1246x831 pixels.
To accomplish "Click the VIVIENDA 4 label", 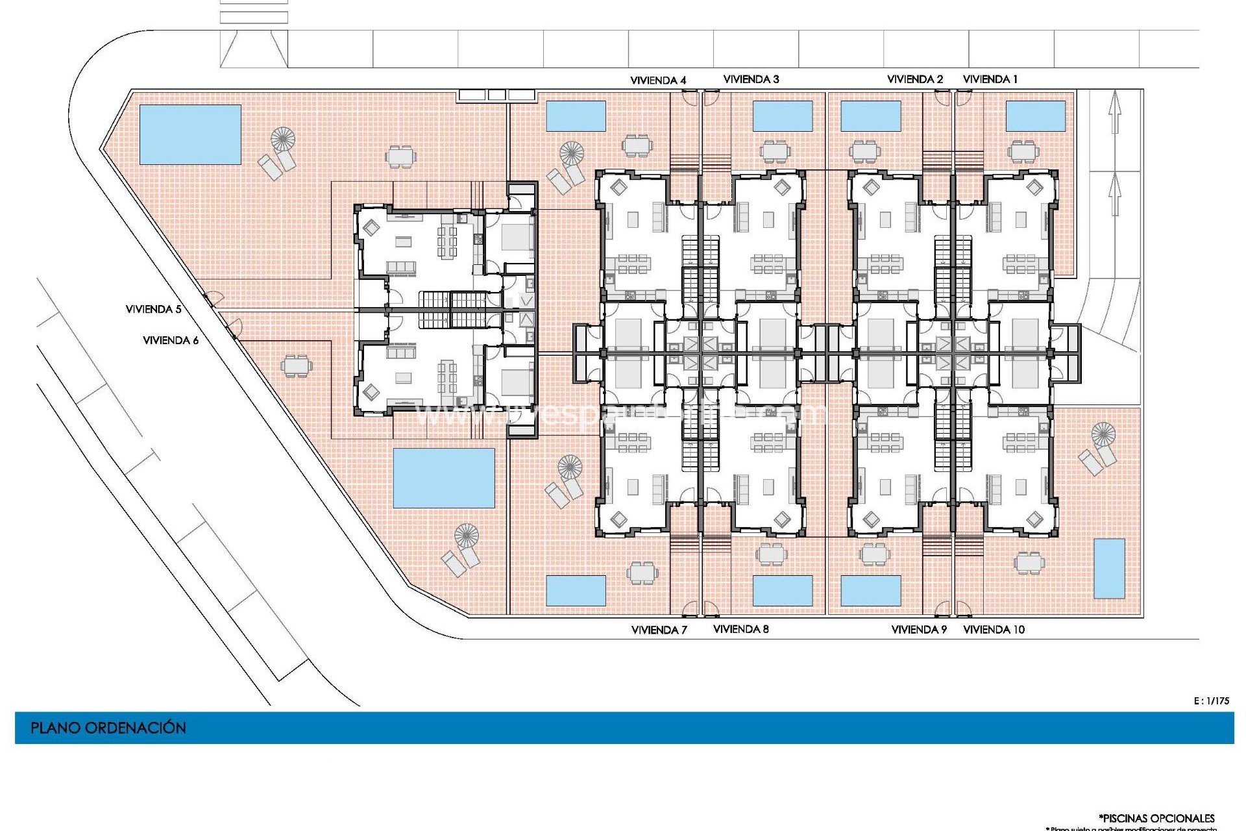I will click(x=658, y=81).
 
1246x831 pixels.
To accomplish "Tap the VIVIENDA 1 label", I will click(x=990, y=79).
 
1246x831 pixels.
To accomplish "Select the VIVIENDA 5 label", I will click(x=153, y=310).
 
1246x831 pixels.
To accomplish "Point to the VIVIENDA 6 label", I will click(x=171, y=340).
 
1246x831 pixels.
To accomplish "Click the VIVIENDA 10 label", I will click(x=994, y=630).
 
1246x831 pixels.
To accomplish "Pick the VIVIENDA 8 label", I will click(x=740, y=629).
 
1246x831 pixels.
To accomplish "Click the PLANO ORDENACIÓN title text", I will click(x=108, y=728).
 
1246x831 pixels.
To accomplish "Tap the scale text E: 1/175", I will click(x=1211, y=701).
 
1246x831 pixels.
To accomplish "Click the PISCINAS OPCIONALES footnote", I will click(x=1156, y=818).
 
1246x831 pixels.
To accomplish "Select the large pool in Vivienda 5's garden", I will click(x=190, y=134).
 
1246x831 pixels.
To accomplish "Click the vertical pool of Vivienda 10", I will click(x=1109, y=569).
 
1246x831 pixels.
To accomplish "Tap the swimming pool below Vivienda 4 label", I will click(x=576, y=116).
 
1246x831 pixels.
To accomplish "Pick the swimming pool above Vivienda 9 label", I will click(x=870, y=591).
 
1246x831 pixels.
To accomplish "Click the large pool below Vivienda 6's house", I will click(x=444, y=478).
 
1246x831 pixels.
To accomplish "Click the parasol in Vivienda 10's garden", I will click(x=1103, y=434).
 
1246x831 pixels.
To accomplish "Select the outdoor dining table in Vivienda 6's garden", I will click(x=296, y=366).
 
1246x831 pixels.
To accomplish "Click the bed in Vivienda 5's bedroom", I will click(x=517, y=238).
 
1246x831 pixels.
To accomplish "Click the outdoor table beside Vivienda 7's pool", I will click(x=642, y=573).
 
